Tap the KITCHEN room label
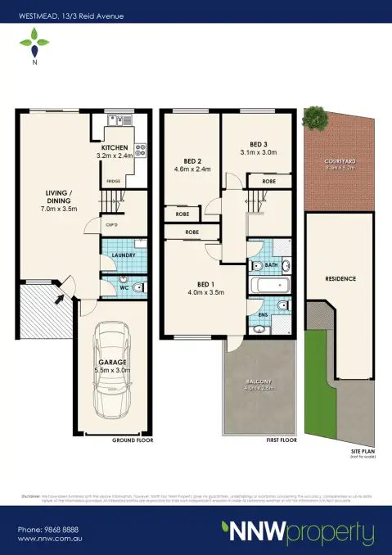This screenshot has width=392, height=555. click(x=115, y=147)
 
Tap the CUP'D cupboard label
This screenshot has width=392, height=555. click(x=110, y=223)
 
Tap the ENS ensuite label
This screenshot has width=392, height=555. click(x=262, y=314)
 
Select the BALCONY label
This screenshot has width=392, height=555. click(x=260, y=382)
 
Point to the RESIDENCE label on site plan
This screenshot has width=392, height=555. click(x=340, y=278)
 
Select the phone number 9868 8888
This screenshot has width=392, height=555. click(x=48, y=529)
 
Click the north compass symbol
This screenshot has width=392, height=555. click(x=34, y=41)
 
